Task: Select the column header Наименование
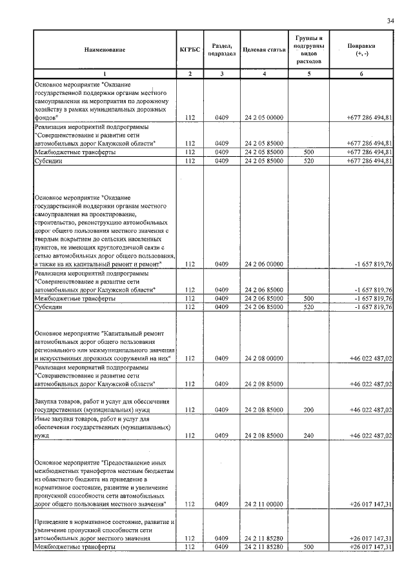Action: tap(104, 50)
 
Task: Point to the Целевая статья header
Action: tap(264, 50)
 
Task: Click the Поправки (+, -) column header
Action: tap(361, 50)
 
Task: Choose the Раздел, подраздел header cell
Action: tap(221, 50)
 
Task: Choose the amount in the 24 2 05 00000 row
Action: tap(369, 117)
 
